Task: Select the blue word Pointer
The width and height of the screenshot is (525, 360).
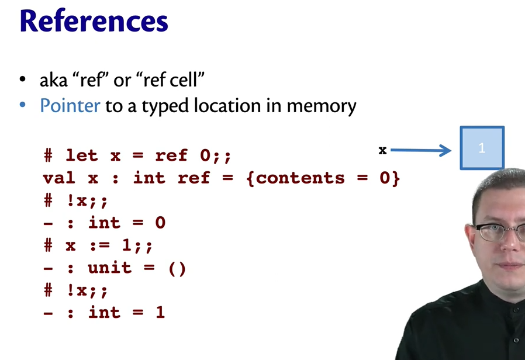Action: click(70, 106)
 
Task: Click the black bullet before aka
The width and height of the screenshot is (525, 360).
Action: click(23, 79)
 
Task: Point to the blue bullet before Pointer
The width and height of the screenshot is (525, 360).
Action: click(23, 106)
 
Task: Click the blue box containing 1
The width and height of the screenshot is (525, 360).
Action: click(482, 148)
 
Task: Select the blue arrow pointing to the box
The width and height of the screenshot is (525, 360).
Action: click(420, 151)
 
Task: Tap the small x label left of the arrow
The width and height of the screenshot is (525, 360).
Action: click(382, 150)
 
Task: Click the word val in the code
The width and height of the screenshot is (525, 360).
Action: click(59, 178)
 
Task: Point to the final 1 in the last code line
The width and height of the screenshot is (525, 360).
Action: click(160, 313)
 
